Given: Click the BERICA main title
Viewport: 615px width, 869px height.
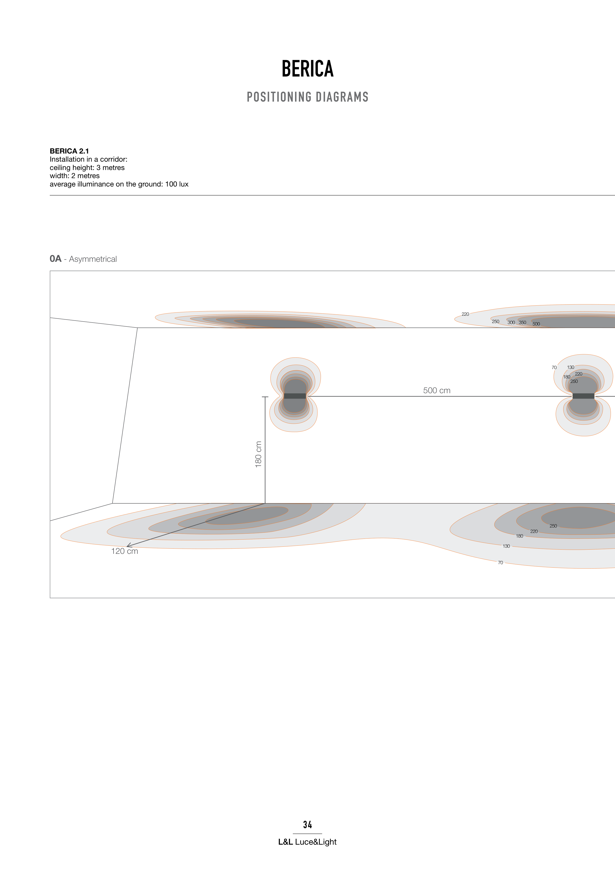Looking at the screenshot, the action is [x=307, y=69].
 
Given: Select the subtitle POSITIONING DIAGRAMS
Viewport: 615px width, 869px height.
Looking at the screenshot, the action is [x=307, y=97].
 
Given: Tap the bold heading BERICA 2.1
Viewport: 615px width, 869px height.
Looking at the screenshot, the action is [x=69, y=151].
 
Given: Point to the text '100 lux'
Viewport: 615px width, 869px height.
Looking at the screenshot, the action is [x=177, y=184].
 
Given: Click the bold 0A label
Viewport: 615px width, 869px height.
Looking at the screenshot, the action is [x=55, y=259].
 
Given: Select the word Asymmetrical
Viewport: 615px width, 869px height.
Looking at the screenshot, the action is [x=93, y=259].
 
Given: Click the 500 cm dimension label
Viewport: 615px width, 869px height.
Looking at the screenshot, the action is [x=436, y=391].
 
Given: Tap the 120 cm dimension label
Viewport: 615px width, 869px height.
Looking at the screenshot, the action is [x=125, y=551].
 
